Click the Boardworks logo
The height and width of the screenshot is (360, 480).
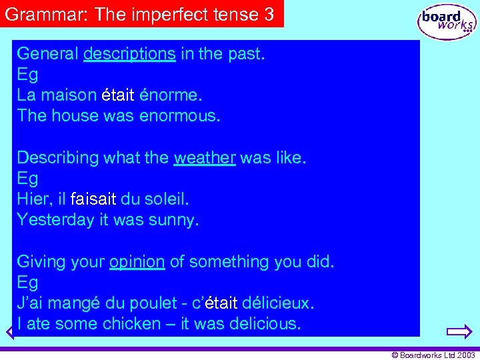[447, 22]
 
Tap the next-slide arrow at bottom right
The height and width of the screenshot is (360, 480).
[459, 331]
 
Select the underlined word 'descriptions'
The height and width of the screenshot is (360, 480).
[129, 54]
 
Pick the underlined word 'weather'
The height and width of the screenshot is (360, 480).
[205, 158]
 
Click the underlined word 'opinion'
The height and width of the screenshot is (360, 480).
[137, 262]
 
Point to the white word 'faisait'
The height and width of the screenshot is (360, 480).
[93, 199]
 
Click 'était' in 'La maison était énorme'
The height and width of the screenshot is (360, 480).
[118, 95]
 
